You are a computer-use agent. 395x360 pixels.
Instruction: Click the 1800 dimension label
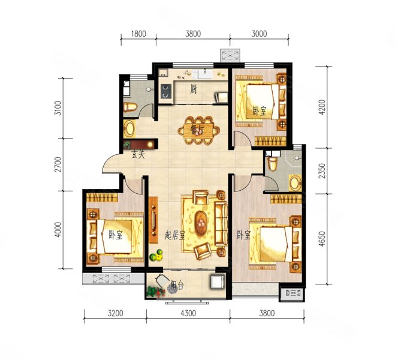pos(138,34)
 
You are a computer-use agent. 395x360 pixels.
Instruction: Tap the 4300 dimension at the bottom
pos(188,313)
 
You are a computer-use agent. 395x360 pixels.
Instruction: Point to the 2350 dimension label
pos(322,170)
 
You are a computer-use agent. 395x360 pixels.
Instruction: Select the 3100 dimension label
pos(58,108)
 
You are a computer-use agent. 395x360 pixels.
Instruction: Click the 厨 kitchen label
pos(193,89)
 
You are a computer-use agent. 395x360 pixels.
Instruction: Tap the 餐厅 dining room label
pos(197,130)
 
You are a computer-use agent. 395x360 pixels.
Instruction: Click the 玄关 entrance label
pos(138,154)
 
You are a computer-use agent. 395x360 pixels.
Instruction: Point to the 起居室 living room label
pos(175,236)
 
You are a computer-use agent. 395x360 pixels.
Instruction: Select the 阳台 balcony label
pos(177,285)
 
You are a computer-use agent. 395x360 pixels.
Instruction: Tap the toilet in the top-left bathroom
pos(130,107)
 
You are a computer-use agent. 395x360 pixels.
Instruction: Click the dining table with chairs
pos(198,130)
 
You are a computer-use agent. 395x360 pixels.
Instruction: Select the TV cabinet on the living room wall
pos(153,220)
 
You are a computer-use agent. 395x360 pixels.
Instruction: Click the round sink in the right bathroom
pos(295,183)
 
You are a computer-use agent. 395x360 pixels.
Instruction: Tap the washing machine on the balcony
pos(218,281)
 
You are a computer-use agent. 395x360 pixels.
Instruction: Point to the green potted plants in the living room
pos(156,256)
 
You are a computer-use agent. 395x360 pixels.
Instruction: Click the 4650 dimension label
pos(322,239)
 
